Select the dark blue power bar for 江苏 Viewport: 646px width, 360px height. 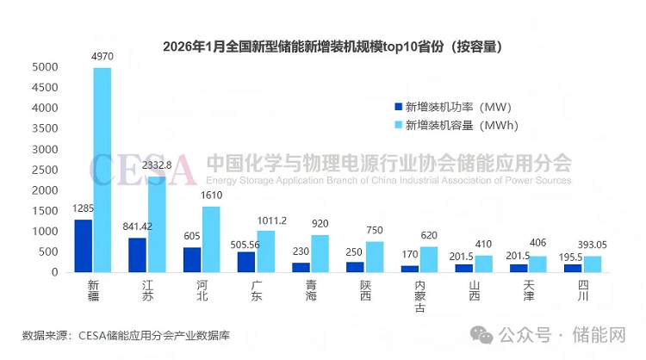click(137, 255)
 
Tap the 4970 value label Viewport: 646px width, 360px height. click(102, 58)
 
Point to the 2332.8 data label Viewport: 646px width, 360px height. click(158, 164)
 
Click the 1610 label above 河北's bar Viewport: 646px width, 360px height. click(212, 196)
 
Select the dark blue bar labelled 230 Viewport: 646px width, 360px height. click(301, 267)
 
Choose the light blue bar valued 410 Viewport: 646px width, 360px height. click(483, 264)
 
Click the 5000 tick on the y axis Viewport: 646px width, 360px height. click(46, 67)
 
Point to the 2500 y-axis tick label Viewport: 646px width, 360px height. click(46, 170)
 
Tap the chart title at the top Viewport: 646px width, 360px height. click(332, 45)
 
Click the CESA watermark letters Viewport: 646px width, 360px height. click(143, 171)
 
